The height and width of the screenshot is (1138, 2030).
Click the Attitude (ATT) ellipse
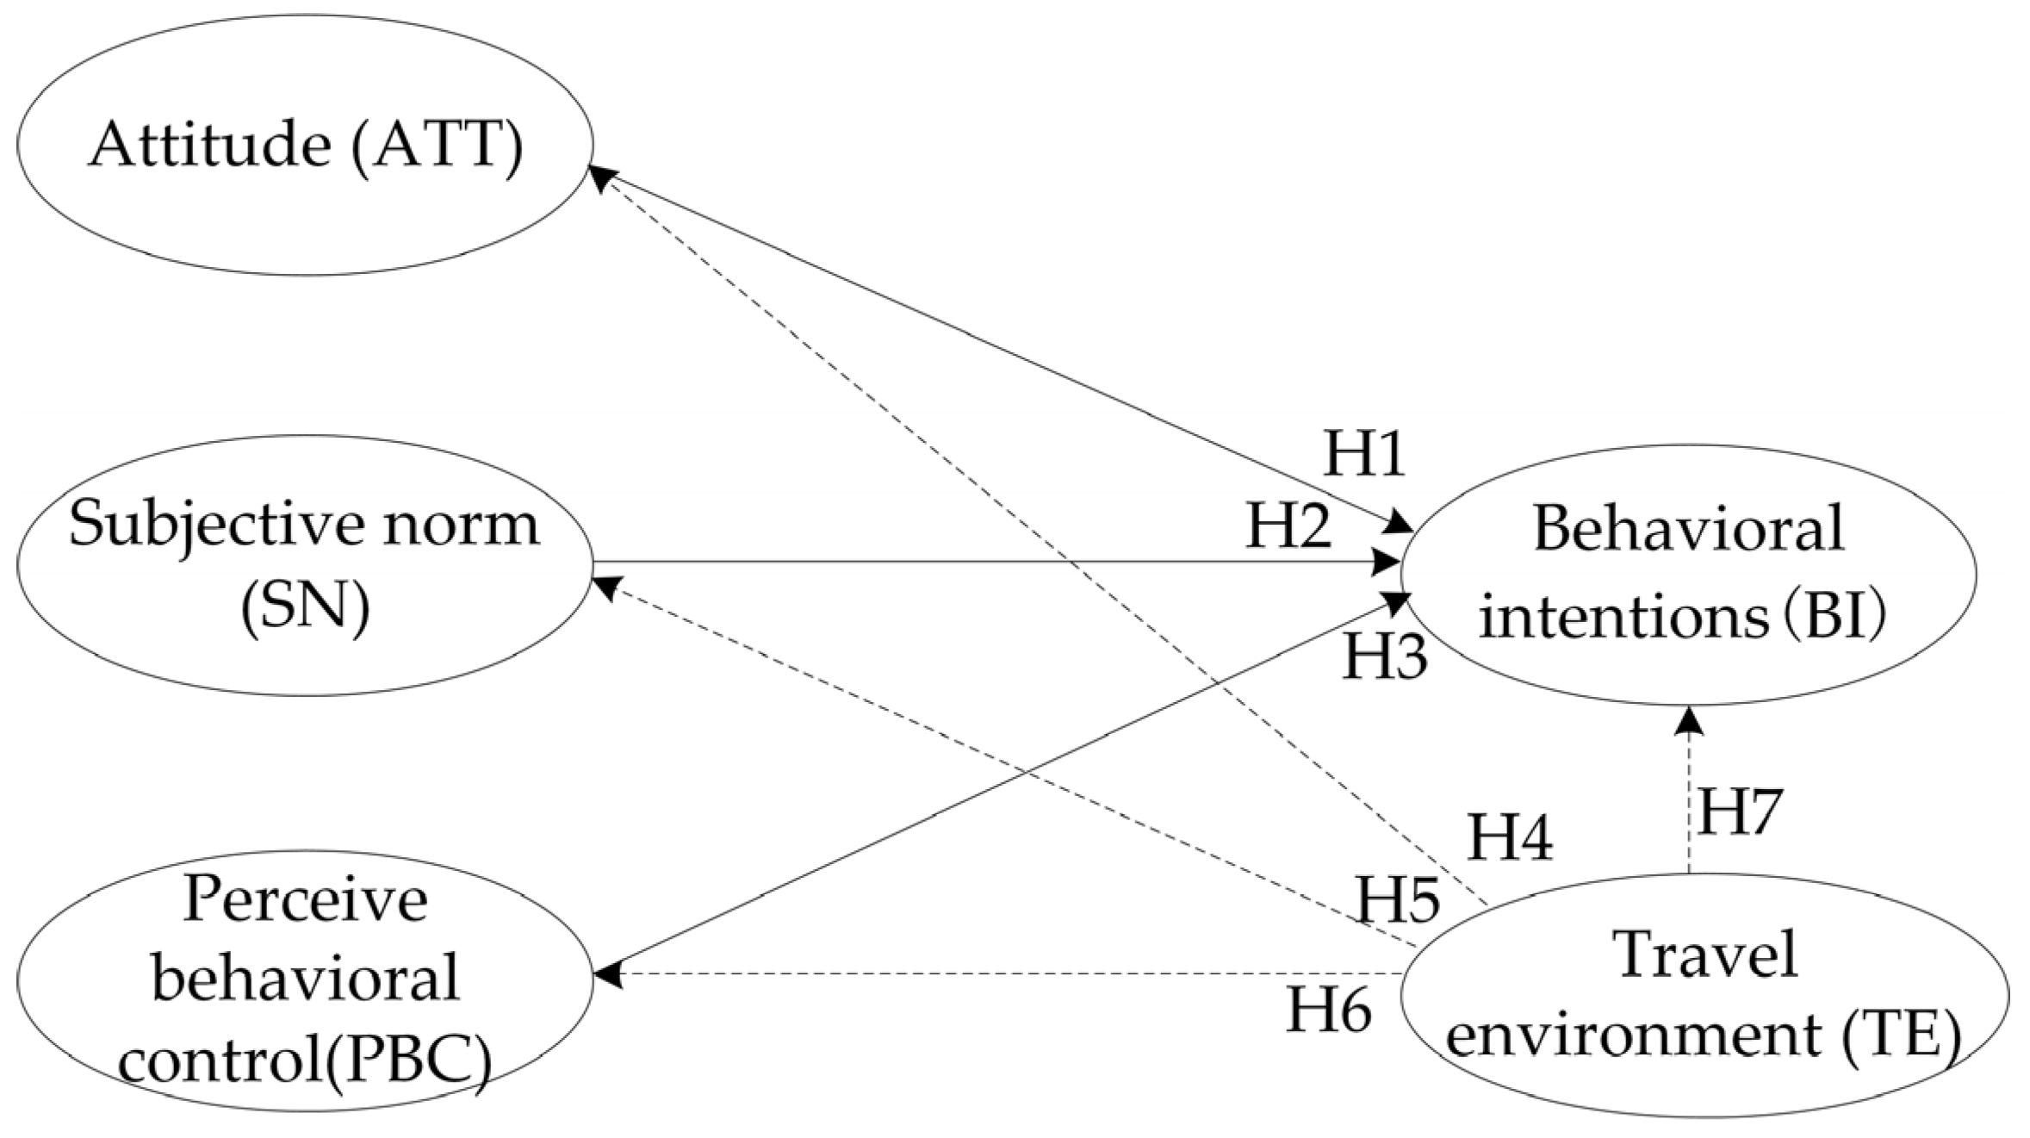[x=305, y=145]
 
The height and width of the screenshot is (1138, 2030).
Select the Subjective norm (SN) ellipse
[x=305, y=565]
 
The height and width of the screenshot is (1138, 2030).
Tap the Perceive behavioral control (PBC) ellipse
[x=305, y=982]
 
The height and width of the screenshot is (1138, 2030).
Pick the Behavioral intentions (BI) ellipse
[x=1688, y=574]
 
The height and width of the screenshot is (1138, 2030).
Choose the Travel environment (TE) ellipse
[x=1705, y=996]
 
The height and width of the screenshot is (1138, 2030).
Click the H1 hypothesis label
[x=1364, y=454]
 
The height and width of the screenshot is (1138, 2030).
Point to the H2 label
[x=1288, y=527]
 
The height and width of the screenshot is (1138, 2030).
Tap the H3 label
[x=1385, y=657]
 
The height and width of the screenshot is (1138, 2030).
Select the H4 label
[x=1510, y=836]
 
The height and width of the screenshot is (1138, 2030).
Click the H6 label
[x=1329, y=1009]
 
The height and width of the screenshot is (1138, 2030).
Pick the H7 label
[x=1738, y=812]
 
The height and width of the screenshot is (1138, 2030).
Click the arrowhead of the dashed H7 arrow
[x=1689, y=720]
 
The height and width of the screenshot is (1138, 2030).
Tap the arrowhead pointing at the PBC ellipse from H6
[x=608, y=974]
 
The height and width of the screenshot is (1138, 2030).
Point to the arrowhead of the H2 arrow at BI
[x=1387, y=563]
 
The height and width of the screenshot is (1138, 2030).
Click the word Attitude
[x=209, y=145]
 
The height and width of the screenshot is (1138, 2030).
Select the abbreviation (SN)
[x=305, y=608]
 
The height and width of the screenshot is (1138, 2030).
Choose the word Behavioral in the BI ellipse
[x=1688, y=528]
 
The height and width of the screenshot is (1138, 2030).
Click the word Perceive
[x=305, y=900]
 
